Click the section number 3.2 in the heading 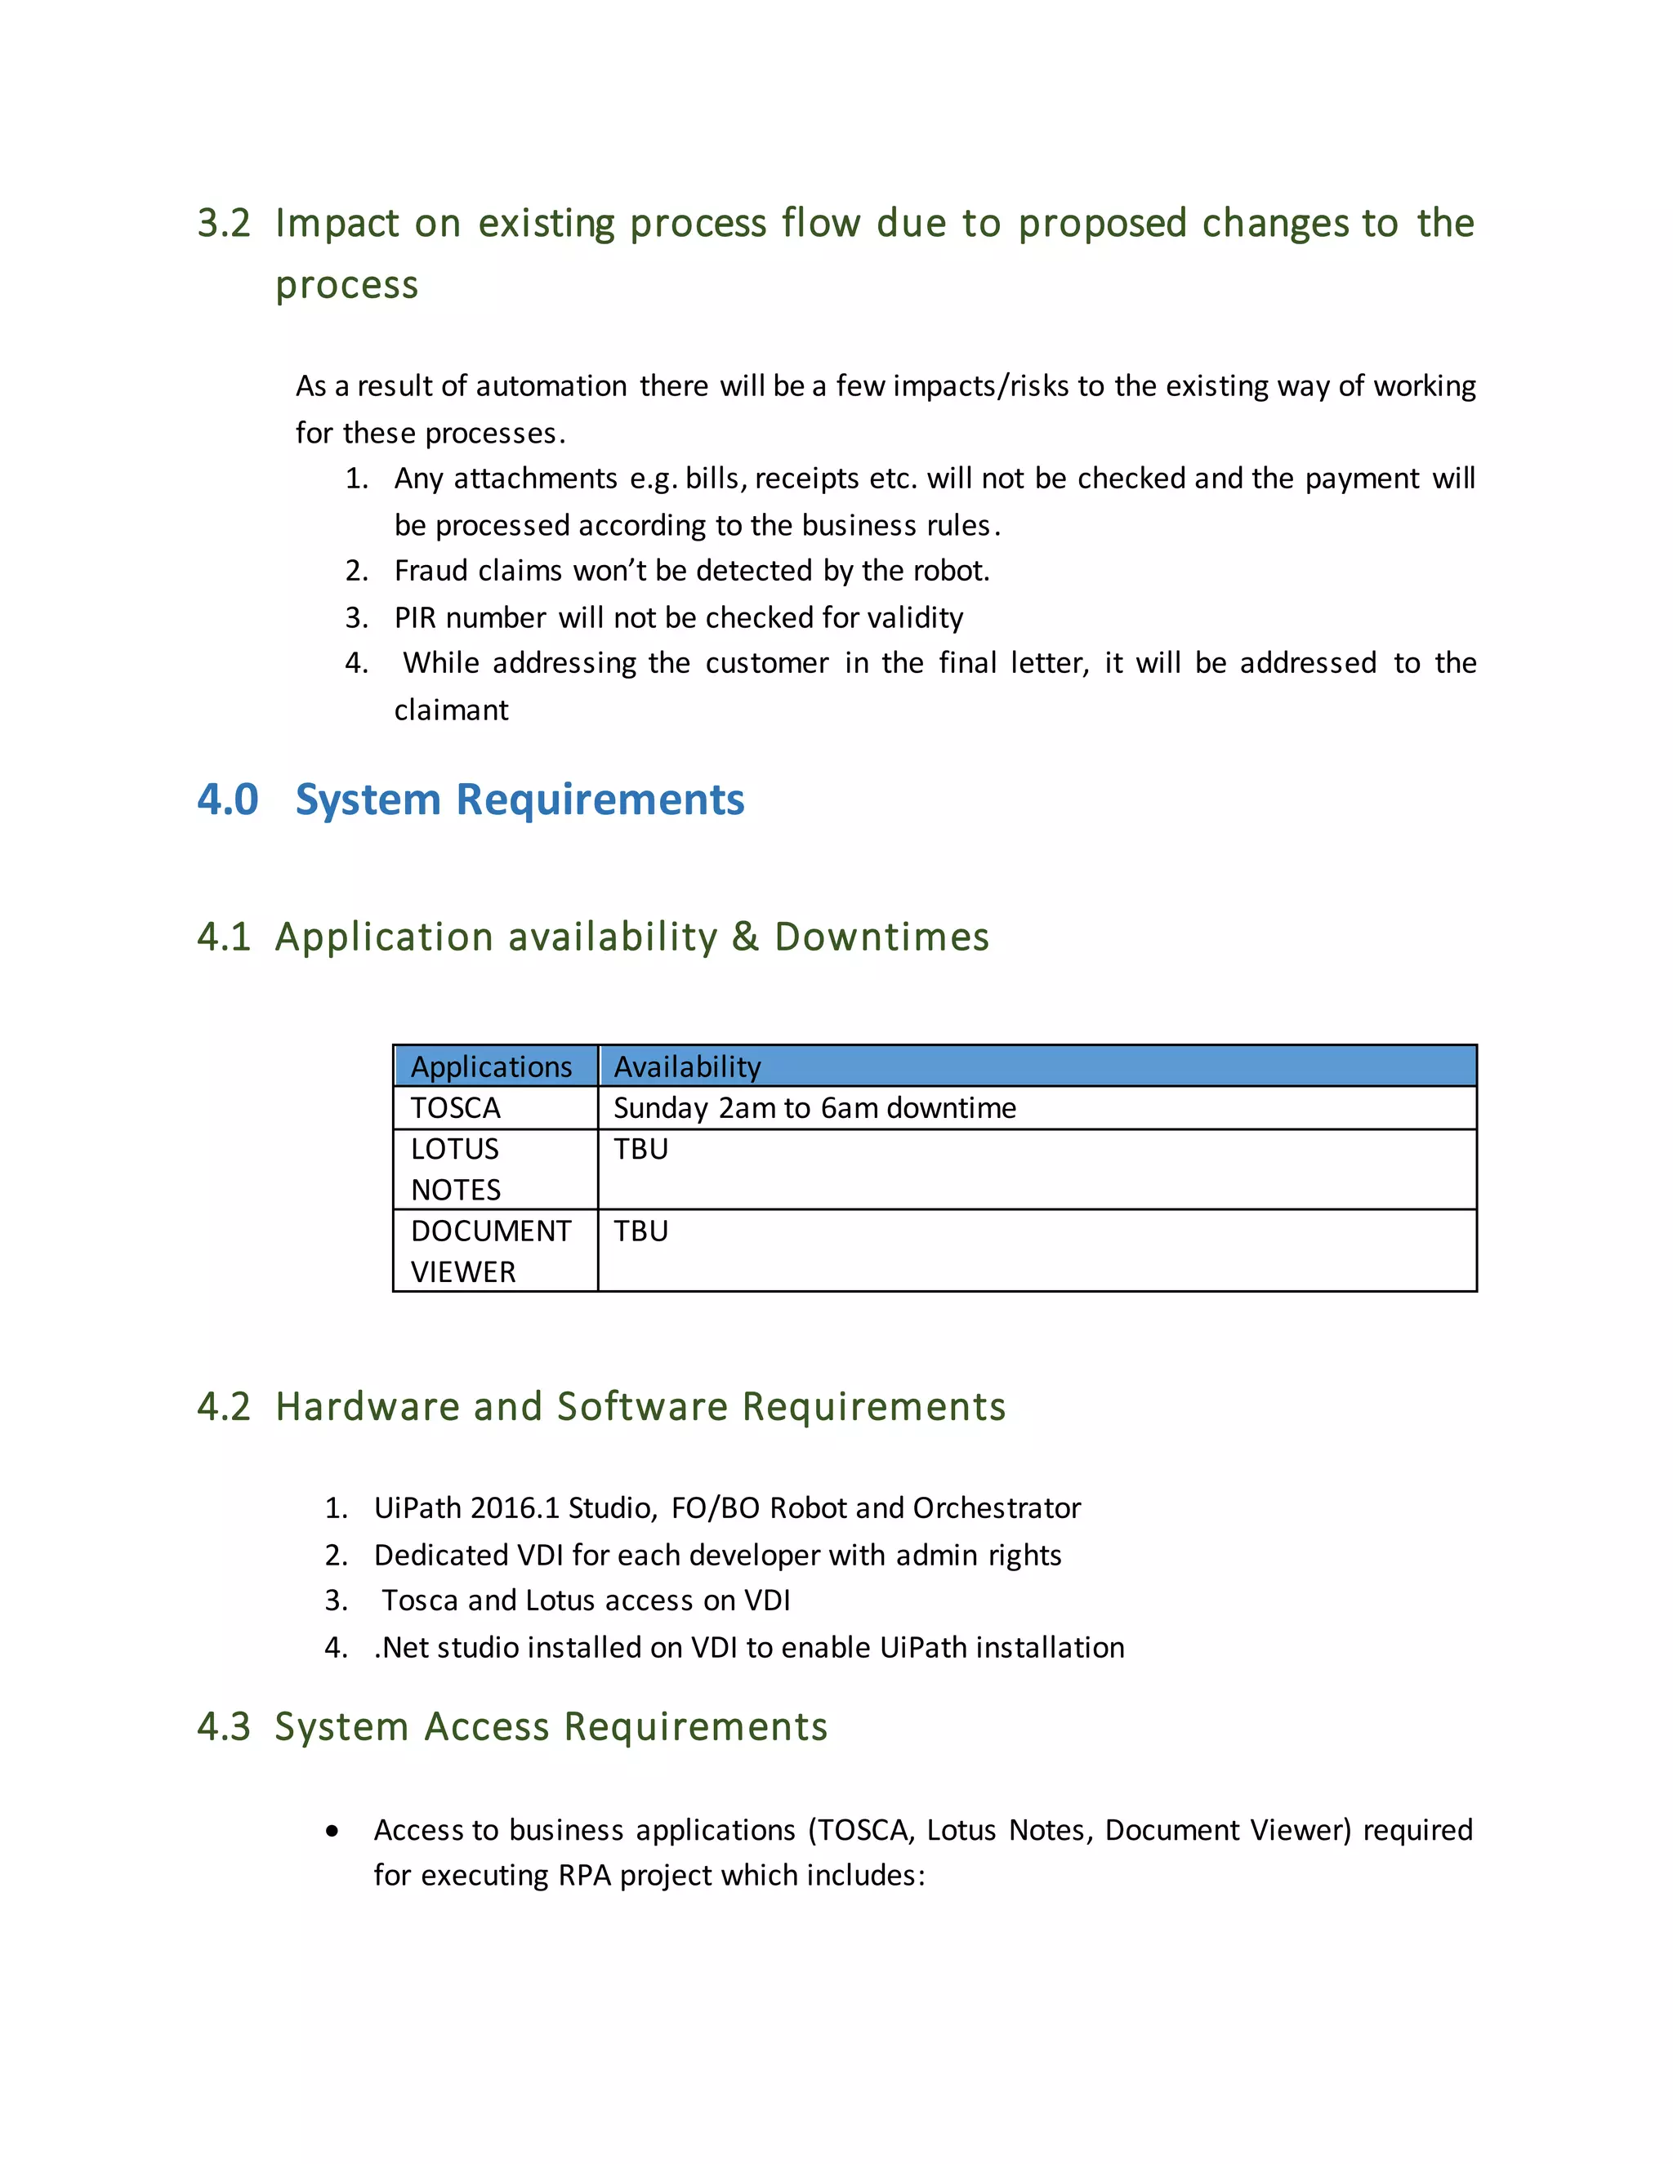[x=224, y=224]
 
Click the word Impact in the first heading [x=337, y=224]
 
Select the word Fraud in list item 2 [x=431, y=571]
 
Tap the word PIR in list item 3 [x=415, y=618]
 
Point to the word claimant [x=451, y=710]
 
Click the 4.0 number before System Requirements [x=228, y=799]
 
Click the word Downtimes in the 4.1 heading [x=881, y=937]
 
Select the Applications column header [x=492, y=1067]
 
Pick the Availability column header [x=687, y=1067]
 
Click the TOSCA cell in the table [x=456, y=1109]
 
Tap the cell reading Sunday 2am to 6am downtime [x=814, y=1109]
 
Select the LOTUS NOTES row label [x=456, y=1169]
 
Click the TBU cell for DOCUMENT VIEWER [x=641, y=1231]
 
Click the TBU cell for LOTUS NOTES [x=641, y=1150]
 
